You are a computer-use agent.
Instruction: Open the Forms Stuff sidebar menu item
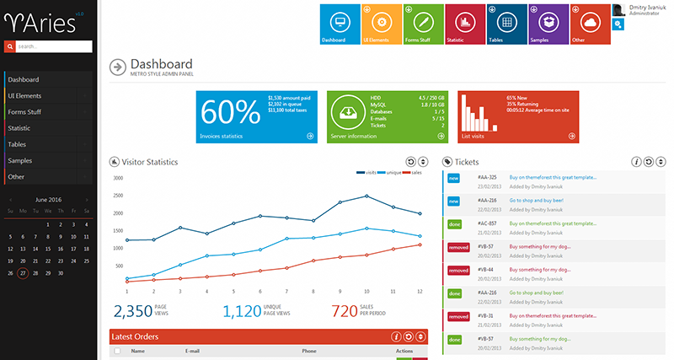[x=24, y=112]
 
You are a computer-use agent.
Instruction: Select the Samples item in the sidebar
[x=20, y=160]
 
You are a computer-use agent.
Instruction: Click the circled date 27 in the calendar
[x=23, y=273]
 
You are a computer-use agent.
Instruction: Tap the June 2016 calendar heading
[x=47, y=200]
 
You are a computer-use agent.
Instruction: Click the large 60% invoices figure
[x=230, y=113]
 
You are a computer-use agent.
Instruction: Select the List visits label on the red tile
[x=473, y=136]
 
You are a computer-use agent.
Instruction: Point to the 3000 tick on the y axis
[x=118, y=179]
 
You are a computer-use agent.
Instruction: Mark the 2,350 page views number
[x=132, y=312]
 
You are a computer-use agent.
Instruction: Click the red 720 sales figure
[x=345, y=312]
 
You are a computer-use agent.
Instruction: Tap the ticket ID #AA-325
[x=487, y=177]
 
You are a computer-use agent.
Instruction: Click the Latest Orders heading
[x=136, y=336]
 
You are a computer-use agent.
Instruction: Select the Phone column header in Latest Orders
[x=309, y=351]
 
